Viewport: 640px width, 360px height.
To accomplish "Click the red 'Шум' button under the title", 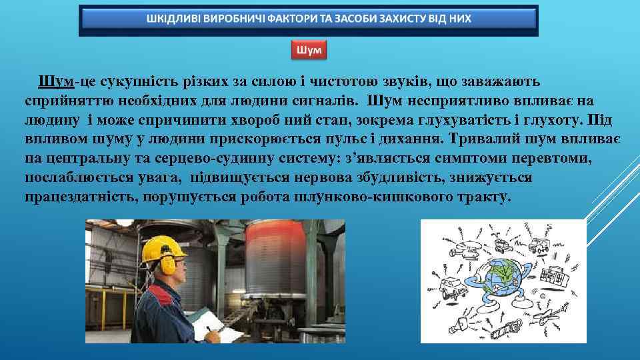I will pyautogui.click(x=309, y=50).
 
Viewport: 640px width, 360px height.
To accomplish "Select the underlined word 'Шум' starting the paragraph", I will pyautogui.click(x=55, y=81).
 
